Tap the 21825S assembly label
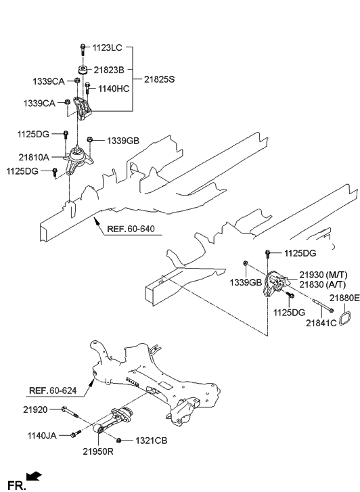pos(159,79)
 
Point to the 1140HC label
pos(114,87)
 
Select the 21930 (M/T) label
pos(318,275)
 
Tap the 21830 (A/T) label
pos(317,285)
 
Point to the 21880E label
pos(344,298)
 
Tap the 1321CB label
pos(150,441)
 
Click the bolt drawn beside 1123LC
pos(82,49)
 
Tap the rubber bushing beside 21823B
pos(83,70)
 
